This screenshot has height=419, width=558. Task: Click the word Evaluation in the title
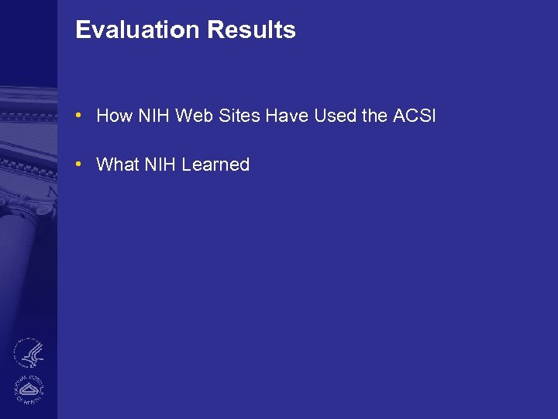pos(137,30)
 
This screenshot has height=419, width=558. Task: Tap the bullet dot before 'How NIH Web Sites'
pos(79,116)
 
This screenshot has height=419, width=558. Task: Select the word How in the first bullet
pos(115,116)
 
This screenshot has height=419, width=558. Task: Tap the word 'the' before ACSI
pos(374,116)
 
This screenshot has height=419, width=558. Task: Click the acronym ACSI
pos(415,116)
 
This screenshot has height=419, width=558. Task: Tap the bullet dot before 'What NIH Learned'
pos(79,164)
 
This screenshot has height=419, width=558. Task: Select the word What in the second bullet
pos(117,164)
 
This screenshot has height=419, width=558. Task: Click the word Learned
pos(215,164)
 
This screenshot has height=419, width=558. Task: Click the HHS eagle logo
pos(29,353)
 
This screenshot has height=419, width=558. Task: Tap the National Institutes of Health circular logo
pos(29,388)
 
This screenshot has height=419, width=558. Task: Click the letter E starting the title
pos(82,30)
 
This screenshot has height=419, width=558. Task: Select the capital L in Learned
pos(186,164)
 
